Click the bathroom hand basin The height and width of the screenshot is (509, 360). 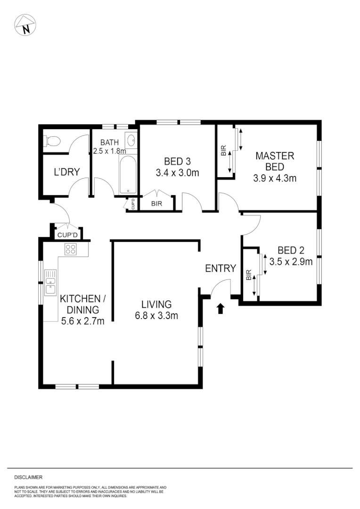[x=131, y=140]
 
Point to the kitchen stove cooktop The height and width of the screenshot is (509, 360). [x=71, y=249]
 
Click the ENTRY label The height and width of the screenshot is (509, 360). [x=221, y=269]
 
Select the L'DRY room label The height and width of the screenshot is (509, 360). [x=66, y=172]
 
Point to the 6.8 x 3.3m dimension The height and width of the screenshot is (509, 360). [x=156, y=316]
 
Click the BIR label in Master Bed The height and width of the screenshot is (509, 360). [x=224, y=151]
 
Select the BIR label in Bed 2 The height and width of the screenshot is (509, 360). [x=249, y=275]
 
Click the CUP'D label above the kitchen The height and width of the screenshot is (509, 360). [x=66, y=234]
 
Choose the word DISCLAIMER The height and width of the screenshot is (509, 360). [x=29, y=477]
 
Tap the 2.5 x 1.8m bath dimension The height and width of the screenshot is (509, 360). [x=110, y=151]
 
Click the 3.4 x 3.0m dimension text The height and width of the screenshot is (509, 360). [x=177, y=172]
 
